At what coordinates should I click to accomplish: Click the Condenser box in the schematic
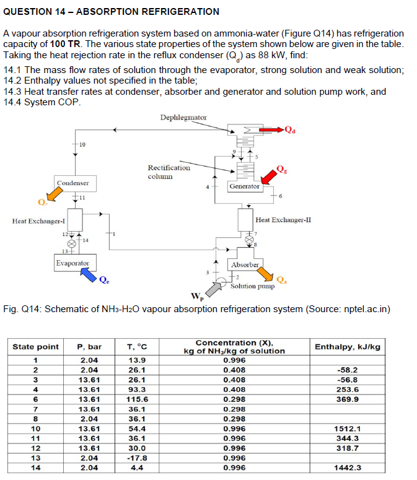(x=73, y=183)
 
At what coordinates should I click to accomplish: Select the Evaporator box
(x=72, y=263)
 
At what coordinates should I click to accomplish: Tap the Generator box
(x=244, y=186)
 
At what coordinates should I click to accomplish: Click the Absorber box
(x=245, y=265)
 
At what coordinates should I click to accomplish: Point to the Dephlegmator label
(x=183, y=117)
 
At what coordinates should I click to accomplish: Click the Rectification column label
(x=169, y=172)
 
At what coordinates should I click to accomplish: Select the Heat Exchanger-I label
(x=39, y=221)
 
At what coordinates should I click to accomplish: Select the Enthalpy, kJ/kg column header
(x=348, y=347)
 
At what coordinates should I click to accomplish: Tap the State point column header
(x=36, y=347)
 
